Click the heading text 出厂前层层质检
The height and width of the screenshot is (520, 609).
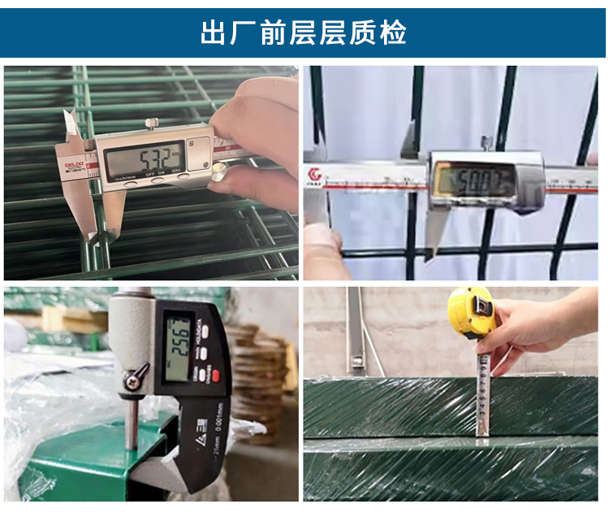[x=304, y=32]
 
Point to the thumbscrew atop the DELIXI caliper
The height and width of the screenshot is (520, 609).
[x=150, y=122]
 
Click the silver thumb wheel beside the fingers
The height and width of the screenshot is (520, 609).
[x=218, y=172]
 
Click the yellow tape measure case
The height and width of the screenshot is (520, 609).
[x=470, y=313]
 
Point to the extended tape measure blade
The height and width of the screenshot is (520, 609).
[x=482, y=390]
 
